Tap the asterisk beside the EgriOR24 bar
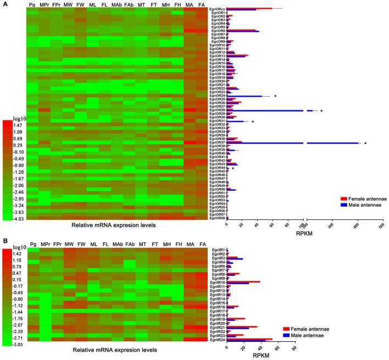tap(274, 96)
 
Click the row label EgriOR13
tap(218, 56)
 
